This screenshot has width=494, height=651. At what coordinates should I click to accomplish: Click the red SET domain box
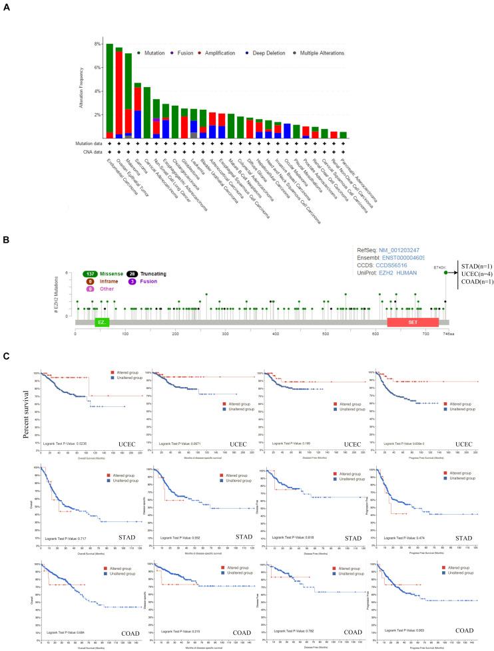(413, 322)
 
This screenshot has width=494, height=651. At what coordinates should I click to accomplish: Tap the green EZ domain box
(101, 322)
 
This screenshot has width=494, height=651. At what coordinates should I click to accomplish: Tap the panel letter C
(7, 356)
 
